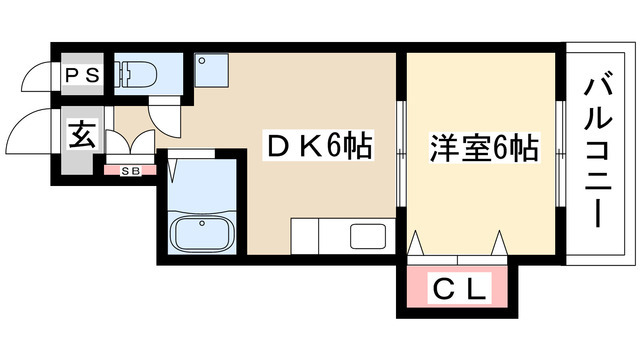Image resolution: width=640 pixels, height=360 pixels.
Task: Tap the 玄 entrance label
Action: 81,134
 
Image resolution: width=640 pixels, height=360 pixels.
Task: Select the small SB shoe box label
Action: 129,169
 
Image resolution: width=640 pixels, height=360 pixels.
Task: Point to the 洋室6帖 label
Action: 484,149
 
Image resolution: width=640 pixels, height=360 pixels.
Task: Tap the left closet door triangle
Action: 417,242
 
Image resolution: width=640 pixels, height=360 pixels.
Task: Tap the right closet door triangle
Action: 498,242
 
